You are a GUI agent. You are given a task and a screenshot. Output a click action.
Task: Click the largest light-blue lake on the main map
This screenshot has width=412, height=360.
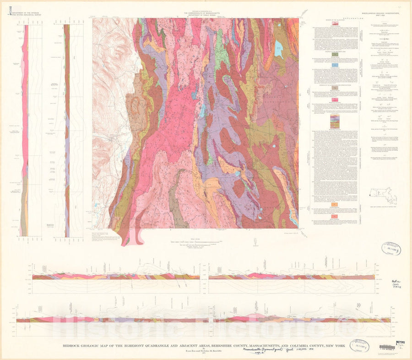278,47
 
